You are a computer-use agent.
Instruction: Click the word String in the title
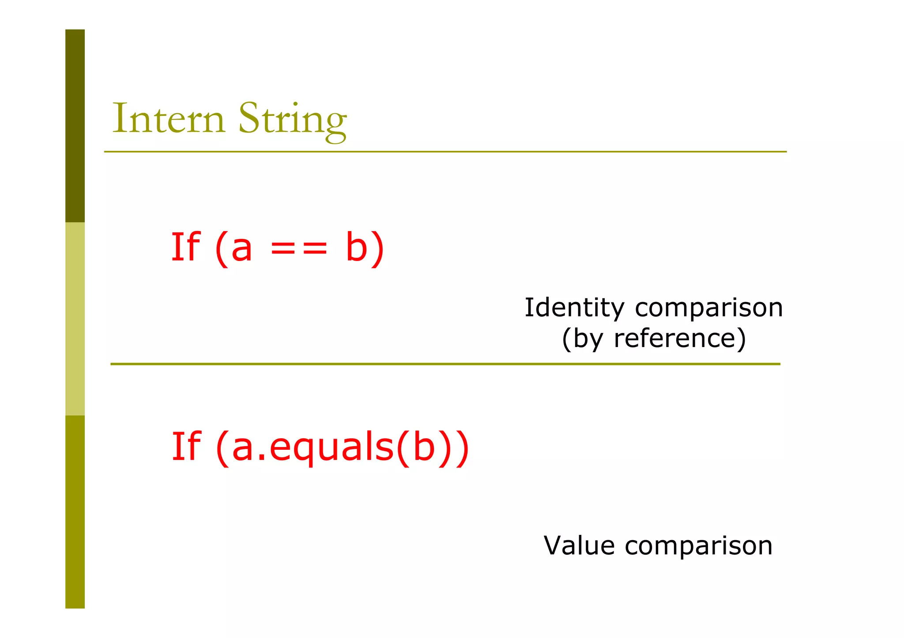[x=292, y=120]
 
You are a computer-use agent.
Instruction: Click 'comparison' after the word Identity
[x=709, y=308]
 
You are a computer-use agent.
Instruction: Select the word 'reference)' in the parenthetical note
[x=680, y=339]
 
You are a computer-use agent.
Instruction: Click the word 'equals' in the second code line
[x=331, y=447]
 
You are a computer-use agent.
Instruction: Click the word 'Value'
[x=579, y=545]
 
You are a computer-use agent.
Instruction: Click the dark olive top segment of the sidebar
[x=75, y=126]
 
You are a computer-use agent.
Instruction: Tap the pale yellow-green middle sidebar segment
[x=75, y=319]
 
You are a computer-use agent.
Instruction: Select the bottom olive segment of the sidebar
[x=75, y=512]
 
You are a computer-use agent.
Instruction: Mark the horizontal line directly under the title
[x=445, y=152]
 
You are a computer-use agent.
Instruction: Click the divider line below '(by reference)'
[x=445, y=364]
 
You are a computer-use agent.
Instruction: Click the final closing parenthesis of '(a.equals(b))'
[x=462, y=447]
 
